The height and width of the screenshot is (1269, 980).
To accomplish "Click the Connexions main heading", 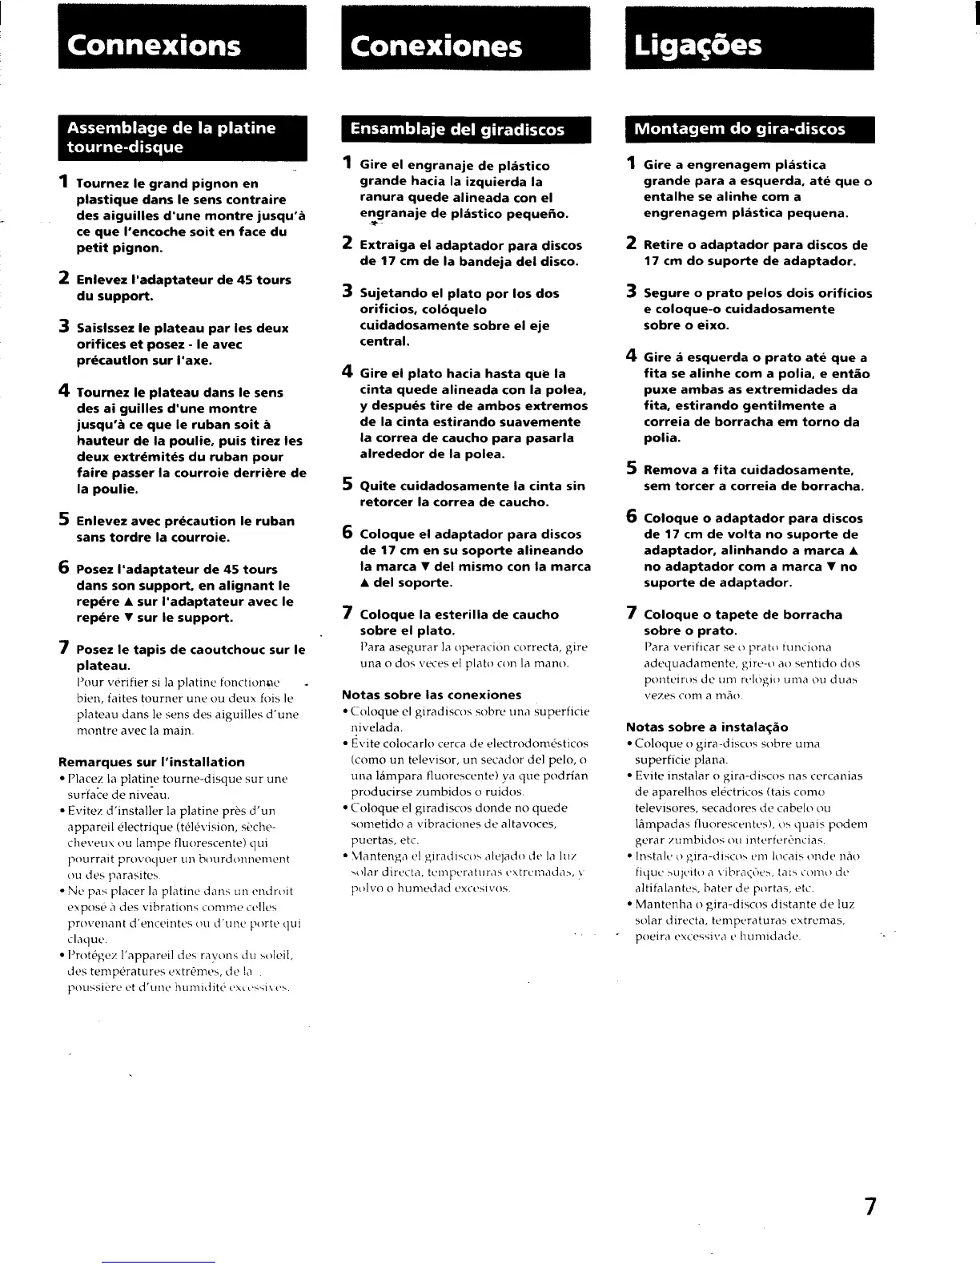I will click(x=155, y=45).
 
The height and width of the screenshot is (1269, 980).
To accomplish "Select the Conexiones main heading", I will click(x=436, y=46).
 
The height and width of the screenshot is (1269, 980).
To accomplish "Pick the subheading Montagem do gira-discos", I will click(x=739, y=129).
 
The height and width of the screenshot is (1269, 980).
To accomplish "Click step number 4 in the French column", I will click(x=63, y=391).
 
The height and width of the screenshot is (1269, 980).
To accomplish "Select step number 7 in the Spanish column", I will click(x=347, y=614).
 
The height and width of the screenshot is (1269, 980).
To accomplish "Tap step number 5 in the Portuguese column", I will click(x=632, y=469).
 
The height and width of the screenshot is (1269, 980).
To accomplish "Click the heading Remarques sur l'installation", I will click(x=151, y=762).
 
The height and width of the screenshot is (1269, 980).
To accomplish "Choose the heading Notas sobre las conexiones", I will click(x=432, y=695).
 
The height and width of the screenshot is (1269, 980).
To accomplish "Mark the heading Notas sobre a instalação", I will click(x=707, y=727).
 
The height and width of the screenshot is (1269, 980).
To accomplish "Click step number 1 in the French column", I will click(x=62, y=183).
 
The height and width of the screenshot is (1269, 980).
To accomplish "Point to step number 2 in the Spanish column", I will click(x=347, y=244).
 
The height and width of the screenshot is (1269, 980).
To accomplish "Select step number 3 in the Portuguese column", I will click(x=632, y=292).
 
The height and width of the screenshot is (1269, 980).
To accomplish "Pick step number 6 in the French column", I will click(x=63, y=568).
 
